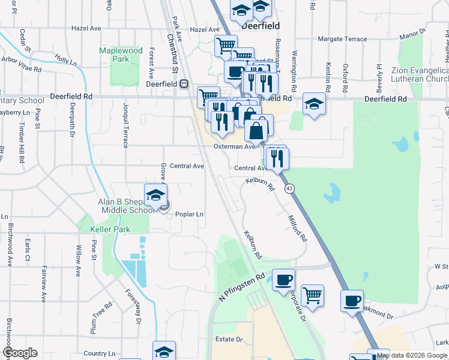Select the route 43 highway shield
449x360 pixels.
(x=290, y=188)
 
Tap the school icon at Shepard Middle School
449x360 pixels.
(x=156, y=196)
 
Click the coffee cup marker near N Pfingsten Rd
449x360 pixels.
(x=283, y=279)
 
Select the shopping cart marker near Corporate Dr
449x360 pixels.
(x=312, y=295)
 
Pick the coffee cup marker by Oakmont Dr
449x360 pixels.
(x=352, y=300)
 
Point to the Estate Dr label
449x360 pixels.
(x=229, y=340)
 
